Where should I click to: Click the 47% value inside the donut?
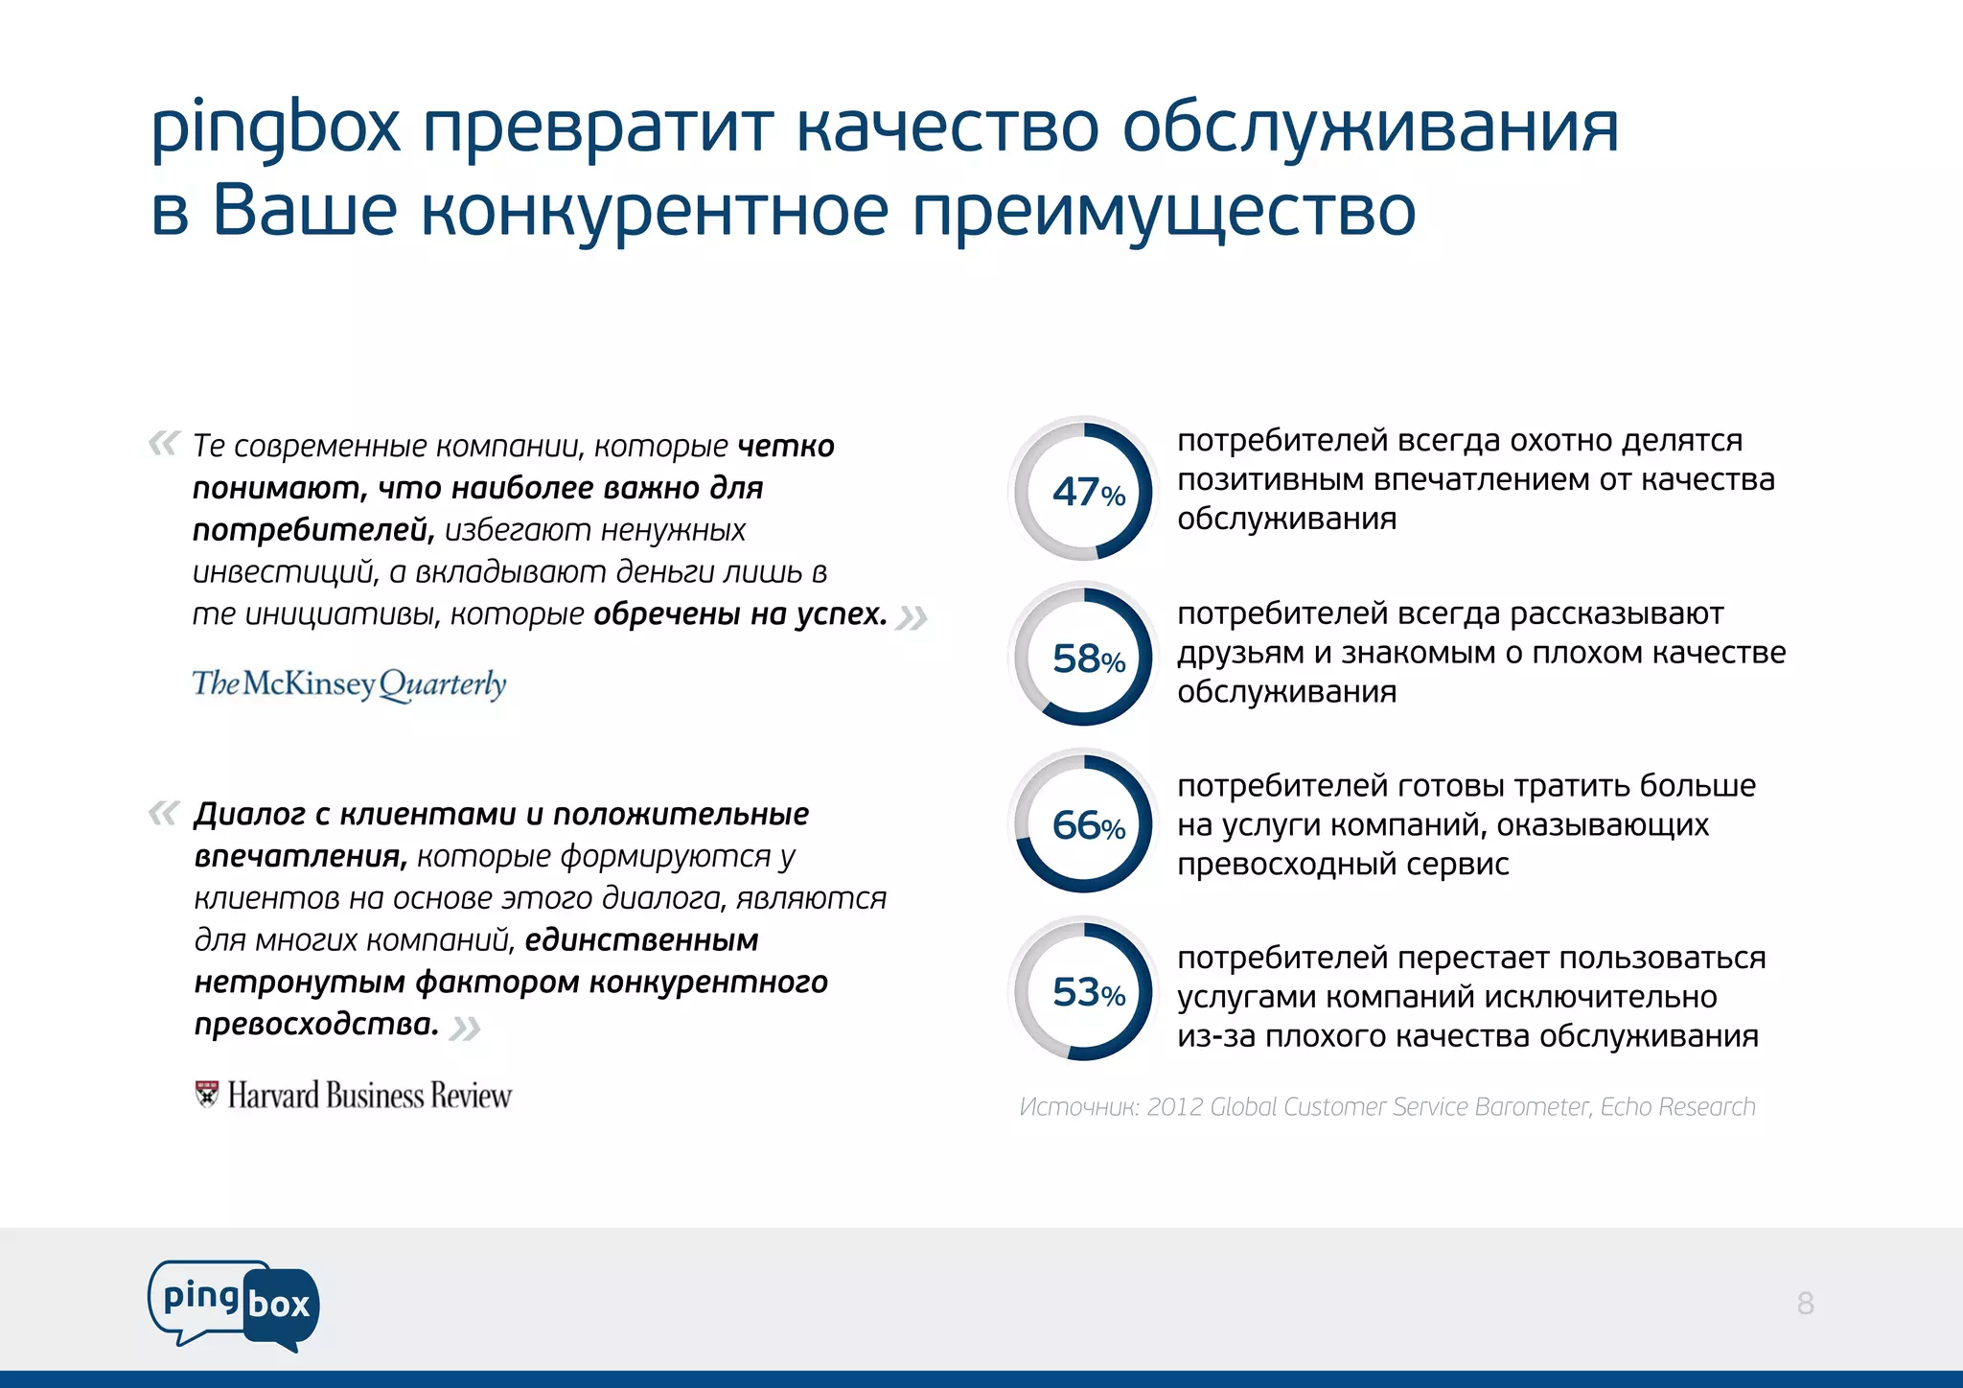(1087, 493)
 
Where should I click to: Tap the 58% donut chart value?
(1087, 659)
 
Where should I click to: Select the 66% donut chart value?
(1087, 826)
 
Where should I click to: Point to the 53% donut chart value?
(1087, 993)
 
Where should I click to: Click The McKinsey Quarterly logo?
(349, 684)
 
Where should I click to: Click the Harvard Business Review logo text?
(369, 1096)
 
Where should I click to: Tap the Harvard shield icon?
(206, 1094)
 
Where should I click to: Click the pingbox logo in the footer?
(234, 1305)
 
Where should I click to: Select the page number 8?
(1805, 1304)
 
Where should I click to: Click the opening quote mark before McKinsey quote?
(164, 443)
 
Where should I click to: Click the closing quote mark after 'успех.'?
(911, 618)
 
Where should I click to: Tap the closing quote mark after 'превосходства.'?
(465, 1029)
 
